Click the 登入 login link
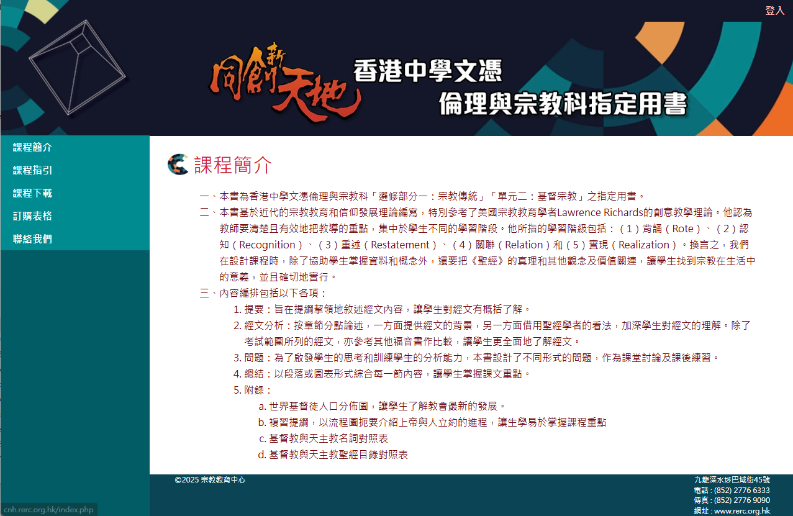[x=774, y=11]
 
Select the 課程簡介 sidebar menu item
[x=32, y=147]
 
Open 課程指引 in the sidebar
[x=32, y=170]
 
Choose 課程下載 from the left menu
[x=32, y=193]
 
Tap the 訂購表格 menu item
[x=32, y=216]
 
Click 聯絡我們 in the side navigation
[x=32, y=239]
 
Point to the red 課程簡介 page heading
[x=233, y=165]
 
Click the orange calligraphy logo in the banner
[x=283, y=83]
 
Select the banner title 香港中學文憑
[x=428, y=71]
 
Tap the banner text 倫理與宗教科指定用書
[x=563, y=104]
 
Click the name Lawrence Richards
[x=600, y=212]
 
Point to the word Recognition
[x=267, y=245]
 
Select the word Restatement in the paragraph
[x=400, y=245]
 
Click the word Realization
[x=643, y=245]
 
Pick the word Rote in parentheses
[x=682, y=229]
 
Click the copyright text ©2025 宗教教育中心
[x=210, y=480]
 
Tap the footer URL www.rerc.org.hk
[x=742, y=510]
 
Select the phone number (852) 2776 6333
[x=742, y=490]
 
